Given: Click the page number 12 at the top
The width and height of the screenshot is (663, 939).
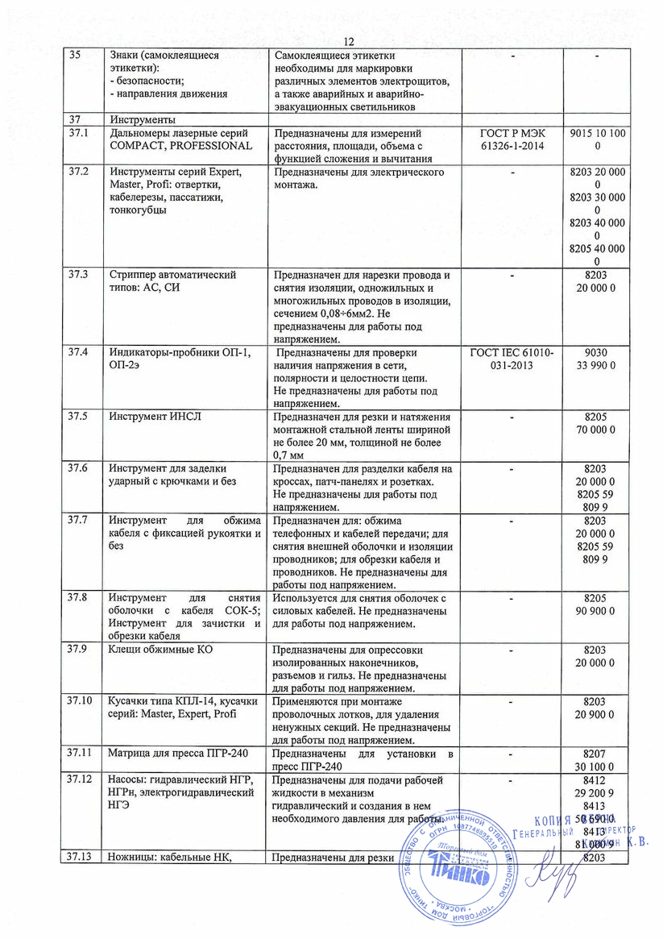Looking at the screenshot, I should point(349,42).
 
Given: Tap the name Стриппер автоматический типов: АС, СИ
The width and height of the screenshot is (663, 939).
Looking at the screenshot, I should point(172,281).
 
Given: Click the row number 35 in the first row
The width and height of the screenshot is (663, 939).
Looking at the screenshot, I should point(75,55).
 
